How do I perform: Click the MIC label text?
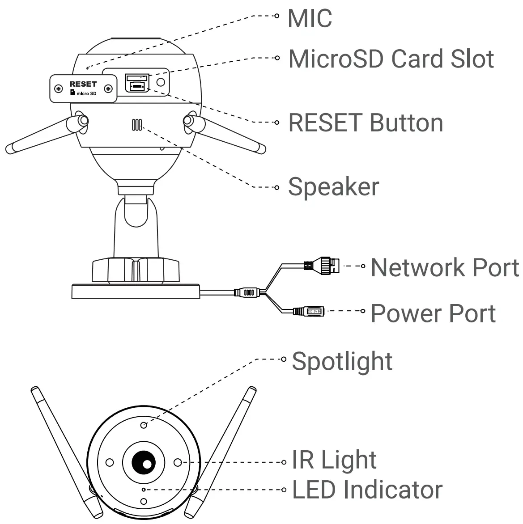[310, 18]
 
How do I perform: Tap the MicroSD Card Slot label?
[391, 59]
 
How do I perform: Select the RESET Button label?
[366, 123]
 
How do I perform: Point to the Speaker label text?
[333, 186]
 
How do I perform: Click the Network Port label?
[445, 267]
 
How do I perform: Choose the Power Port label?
[433, 313]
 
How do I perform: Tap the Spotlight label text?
[342, 361]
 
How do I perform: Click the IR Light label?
[334, 460]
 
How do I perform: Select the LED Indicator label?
[367, 490]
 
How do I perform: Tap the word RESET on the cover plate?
[83, 84]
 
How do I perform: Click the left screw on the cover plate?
[58, 89]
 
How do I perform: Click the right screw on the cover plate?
[108, 89]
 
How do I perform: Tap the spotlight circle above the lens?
[144, 425]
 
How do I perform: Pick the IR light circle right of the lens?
[177, 462]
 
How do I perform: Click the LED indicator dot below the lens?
[143, 490]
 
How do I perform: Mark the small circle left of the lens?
[109, 462]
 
